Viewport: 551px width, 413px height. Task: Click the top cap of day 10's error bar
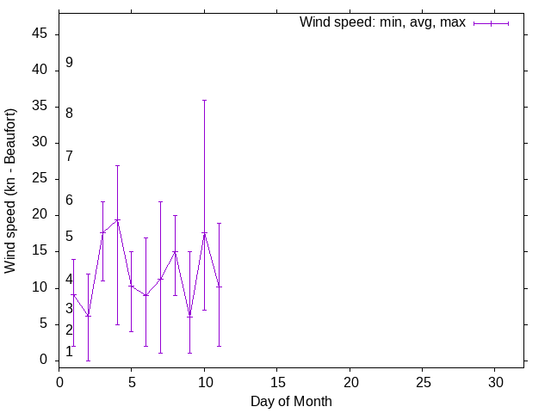[x=204, y=100]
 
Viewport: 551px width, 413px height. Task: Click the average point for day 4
[x=117, y=220]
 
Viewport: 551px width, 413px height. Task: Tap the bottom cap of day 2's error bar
[x=88, y=360]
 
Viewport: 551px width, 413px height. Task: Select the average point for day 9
[x=189, y=316]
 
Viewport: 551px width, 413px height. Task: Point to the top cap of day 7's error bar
[x=160, y=201]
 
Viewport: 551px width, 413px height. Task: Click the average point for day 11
[x=219, y=287]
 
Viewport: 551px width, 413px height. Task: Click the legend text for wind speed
[x=382, y=22]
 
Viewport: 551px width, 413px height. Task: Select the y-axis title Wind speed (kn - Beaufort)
[x=11, y=191]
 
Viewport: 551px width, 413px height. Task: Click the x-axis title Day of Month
[x=291, y=401]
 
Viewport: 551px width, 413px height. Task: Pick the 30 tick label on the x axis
[x=495, y=380]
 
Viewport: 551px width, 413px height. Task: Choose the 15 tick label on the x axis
[x=277, y=380]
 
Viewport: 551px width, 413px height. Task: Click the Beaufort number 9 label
[x=69, y=63]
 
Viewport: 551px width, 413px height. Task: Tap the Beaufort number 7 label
[x=69, y=157]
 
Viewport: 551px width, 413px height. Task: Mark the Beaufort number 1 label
[x=69, y=352]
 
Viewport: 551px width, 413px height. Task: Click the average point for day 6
[x=145, y=295]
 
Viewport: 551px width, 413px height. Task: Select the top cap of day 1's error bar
[x=73, y=259]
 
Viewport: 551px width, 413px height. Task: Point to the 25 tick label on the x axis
[x=422, y=380]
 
